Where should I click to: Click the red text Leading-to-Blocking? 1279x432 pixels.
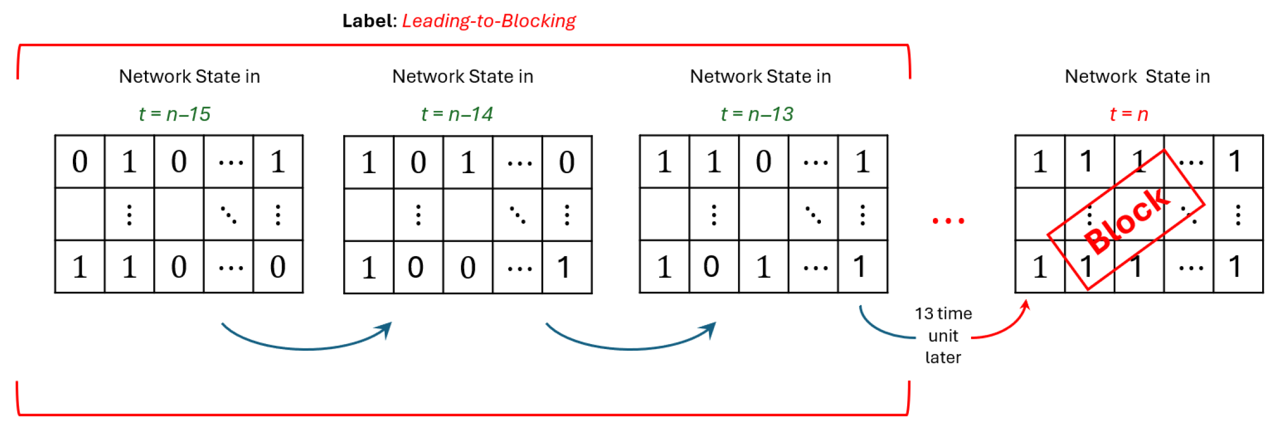point(488,21)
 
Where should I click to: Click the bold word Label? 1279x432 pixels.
point(369,21)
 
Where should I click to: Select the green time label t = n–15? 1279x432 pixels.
point(174,114)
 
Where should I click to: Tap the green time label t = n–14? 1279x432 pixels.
point(456,114)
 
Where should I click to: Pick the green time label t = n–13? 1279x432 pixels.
point(757,114)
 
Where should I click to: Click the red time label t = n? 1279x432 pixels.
point(1128,114)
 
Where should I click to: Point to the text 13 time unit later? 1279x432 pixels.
point(943,335)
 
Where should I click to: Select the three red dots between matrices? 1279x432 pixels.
point(948,221)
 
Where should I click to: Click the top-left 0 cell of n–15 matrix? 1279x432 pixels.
point(80,162)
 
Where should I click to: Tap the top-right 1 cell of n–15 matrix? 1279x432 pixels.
point(278,162)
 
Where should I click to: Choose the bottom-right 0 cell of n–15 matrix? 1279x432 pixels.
point(278,267)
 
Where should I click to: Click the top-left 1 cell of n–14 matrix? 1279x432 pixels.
point(368,162)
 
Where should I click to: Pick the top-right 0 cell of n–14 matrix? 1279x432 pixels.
point(567,162)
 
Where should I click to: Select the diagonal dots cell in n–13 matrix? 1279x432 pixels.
point(813,215)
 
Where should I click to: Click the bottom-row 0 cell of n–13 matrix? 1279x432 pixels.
point(711,267)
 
